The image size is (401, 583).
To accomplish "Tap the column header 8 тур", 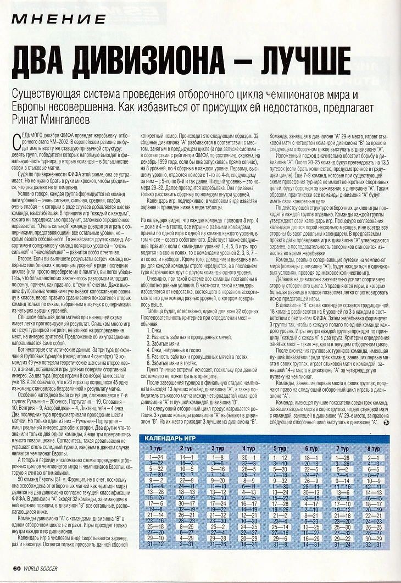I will click(x=373, y=449).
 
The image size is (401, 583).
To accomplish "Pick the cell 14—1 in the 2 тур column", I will click(x=186, y=457).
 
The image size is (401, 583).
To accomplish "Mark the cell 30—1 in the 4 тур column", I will click(x=248, y=457).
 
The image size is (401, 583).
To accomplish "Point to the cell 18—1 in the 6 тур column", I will click(x=311, y=457).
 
